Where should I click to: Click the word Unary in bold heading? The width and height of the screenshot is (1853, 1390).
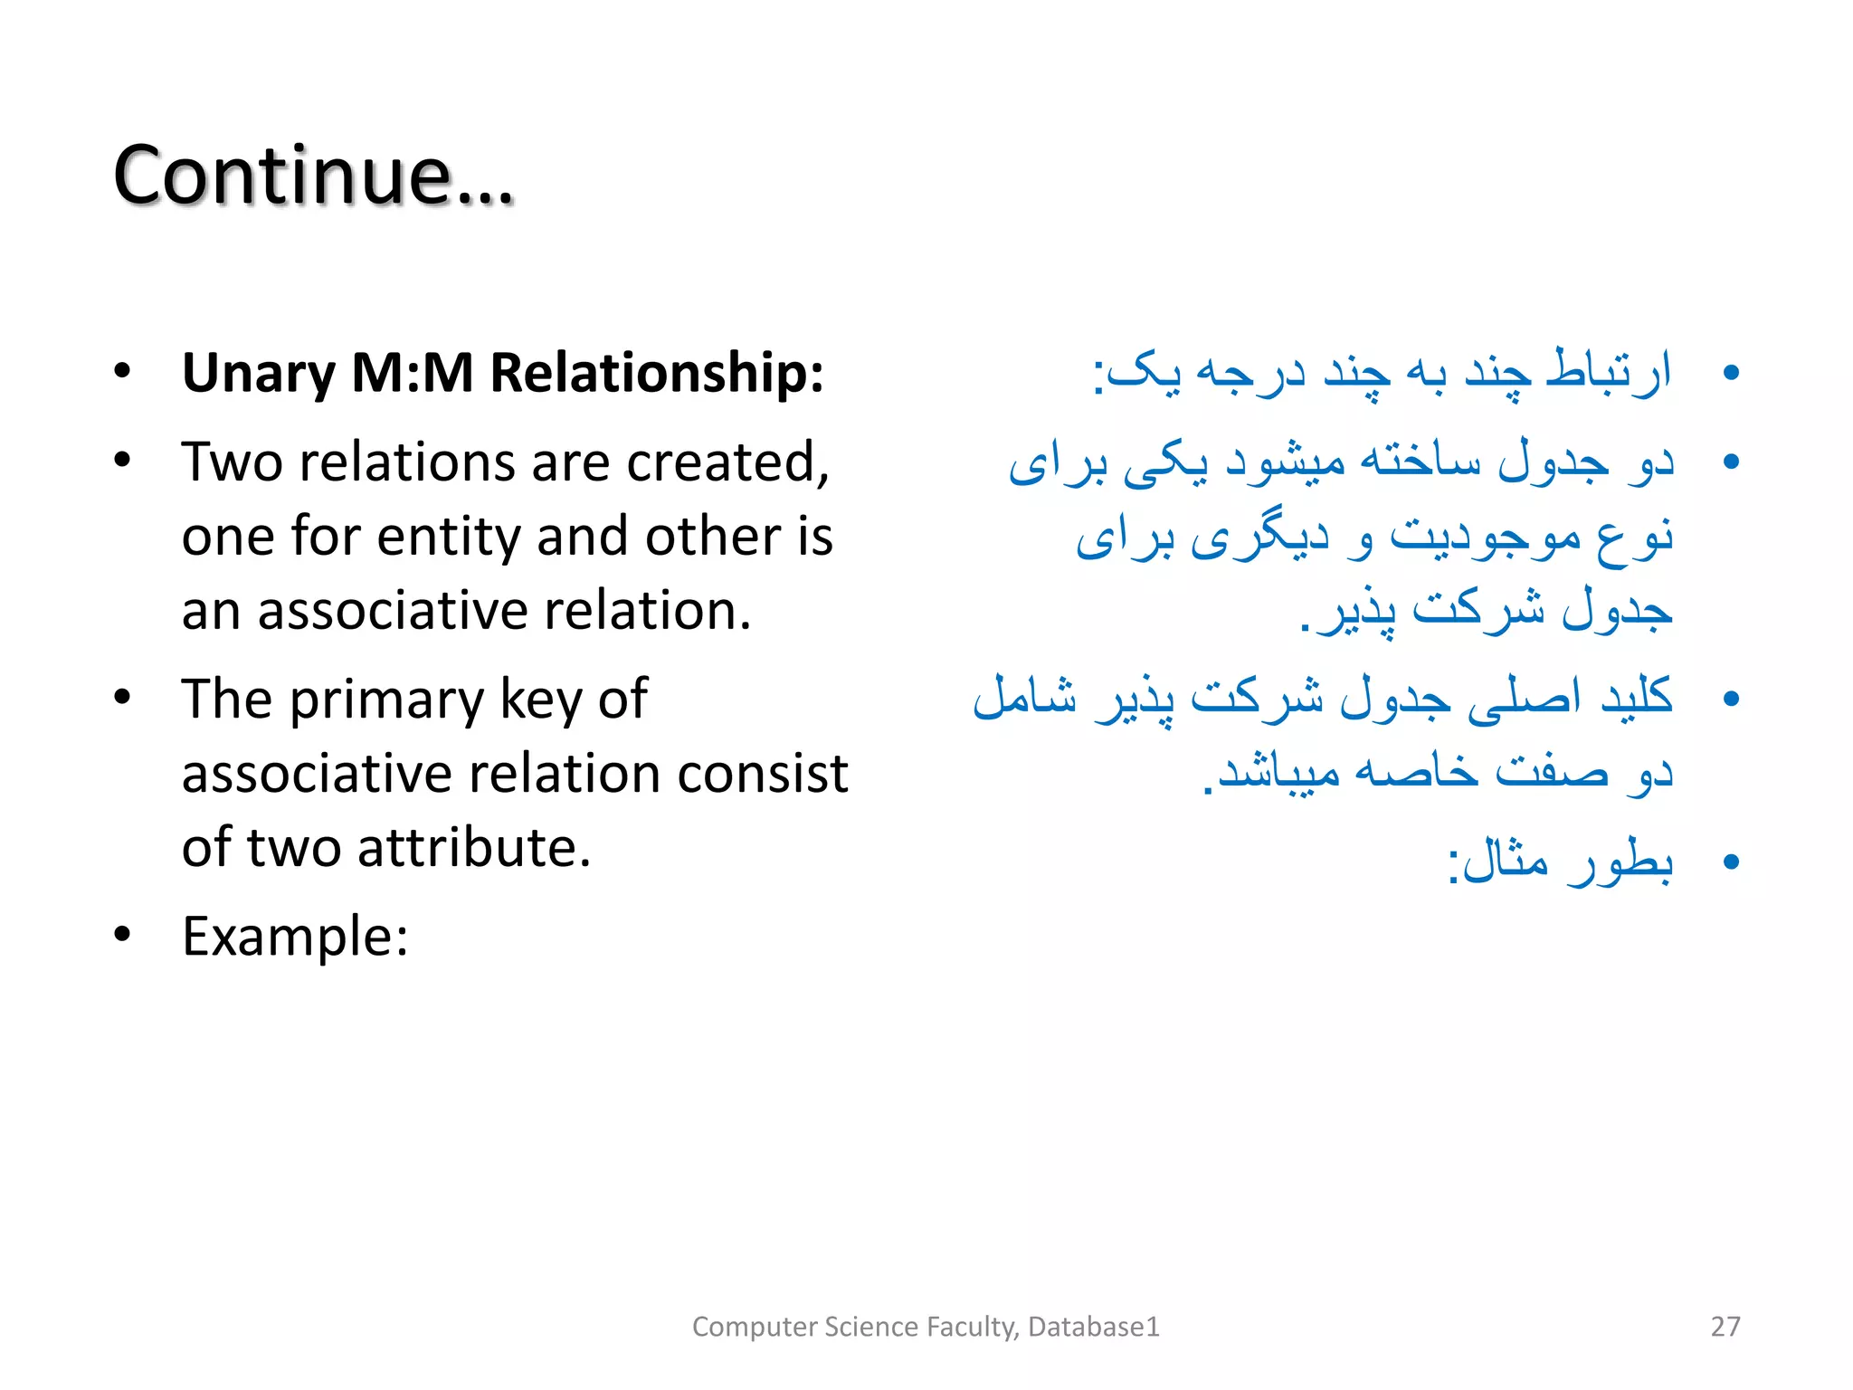click(259, 373)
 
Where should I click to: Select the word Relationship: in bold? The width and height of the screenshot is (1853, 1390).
click(657, 373)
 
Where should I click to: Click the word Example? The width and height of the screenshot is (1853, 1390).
click(295, 937)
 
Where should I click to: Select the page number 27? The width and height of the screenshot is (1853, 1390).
click(1725, 1327)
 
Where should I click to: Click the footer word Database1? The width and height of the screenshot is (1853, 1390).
click(1093, 1327)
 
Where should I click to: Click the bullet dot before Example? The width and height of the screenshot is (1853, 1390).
click(123, 935)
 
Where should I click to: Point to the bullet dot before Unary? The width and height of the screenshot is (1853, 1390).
click(123, 372)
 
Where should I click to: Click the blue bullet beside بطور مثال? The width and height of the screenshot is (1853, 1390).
click(1731, 862)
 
